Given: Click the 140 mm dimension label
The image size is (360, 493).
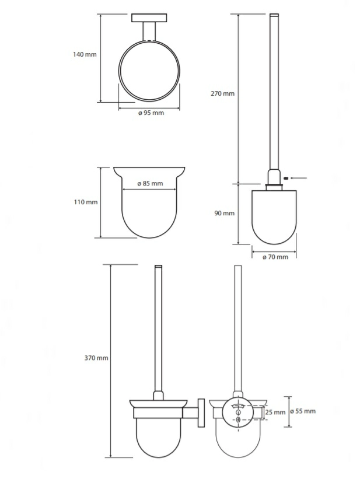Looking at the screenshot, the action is (85, 54).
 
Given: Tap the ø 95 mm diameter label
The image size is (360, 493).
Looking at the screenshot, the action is (151, 113).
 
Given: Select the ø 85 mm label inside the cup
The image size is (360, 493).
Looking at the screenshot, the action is (150, 183).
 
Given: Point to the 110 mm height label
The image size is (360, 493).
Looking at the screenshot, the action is (86, 202).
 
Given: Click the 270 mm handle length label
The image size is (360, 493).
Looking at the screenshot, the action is (223, 93).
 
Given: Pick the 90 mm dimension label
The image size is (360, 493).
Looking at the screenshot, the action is (225, 213).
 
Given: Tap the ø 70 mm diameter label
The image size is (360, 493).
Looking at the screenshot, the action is (275, 257).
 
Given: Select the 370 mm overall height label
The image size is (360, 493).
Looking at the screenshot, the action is (96, 358).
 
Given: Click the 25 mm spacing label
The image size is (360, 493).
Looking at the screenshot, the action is (275, 412).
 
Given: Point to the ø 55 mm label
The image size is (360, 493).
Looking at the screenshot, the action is (302, 411).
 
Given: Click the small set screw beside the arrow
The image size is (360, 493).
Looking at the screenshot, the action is (286, 179).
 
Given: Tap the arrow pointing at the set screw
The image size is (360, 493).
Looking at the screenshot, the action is (299, 179).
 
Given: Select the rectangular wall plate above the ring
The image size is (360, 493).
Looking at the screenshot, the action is (149, 18).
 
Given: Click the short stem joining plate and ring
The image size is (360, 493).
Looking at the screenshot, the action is (149, 32).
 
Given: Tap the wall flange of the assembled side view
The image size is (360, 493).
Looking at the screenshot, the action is (201, 413).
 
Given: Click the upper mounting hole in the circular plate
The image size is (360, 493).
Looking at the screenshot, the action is (238, 412).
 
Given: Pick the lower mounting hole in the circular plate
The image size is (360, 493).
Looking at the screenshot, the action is (238, 419).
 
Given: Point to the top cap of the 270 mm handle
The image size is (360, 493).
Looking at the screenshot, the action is (274, 15).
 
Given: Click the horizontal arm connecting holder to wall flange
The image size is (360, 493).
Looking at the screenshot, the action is (190, 413).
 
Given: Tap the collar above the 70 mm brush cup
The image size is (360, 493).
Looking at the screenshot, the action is (274, 187).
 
